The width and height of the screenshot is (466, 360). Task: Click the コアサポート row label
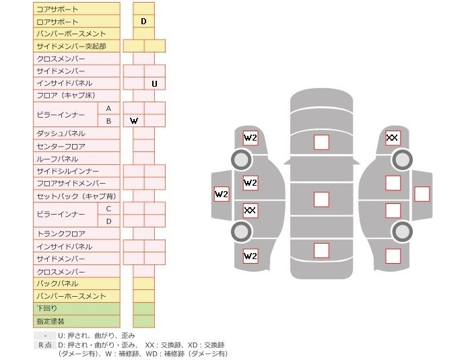[x=57, y=9]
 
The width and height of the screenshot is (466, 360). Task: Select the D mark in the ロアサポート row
[x=143, y=22]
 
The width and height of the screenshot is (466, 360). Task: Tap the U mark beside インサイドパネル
[x=154, y=84]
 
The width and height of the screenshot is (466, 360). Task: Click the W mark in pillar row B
[x=134, y=121]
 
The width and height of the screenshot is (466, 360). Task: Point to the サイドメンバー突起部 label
[x=71, y=46]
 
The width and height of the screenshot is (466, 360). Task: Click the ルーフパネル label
[x=57, y=159]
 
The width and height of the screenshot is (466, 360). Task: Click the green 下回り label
[x=46, y=309]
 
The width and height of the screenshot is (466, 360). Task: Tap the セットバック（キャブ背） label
[x=76, y=196]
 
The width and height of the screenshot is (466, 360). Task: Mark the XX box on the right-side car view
[x=393, y=139]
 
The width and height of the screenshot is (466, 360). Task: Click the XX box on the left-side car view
[x=250, y=211]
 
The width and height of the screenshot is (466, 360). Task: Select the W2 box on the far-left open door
[x=222, y=195]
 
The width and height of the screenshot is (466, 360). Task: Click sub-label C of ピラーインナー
[x=108, y=209]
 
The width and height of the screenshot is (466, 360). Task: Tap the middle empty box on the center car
[x=321, y=199]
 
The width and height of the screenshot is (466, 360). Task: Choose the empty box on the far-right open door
[x=422, y=194]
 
